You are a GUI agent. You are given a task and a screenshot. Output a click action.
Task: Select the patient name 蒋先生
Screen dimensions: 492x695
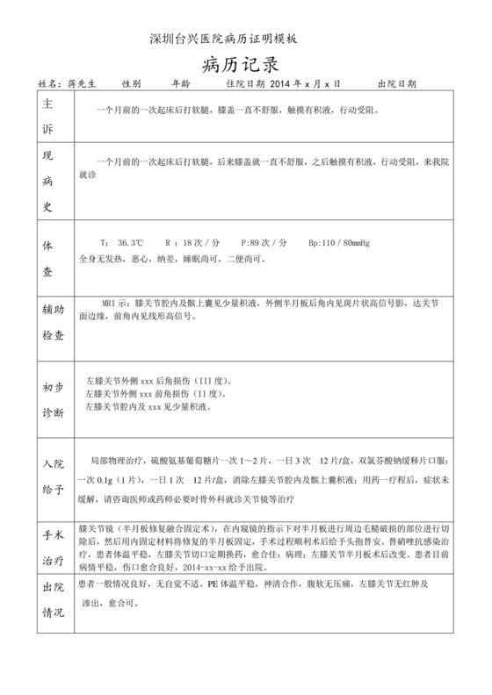84,83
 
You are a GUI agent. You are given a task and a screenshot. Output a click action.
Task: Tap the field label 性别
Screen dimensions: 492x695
131,83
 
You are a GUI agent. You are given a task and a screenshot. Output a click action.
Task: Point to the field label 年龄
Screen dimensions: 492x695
179,83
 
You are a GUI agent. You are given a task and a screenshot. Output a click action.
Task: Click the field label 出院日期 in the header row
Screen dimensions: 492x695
396,83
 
